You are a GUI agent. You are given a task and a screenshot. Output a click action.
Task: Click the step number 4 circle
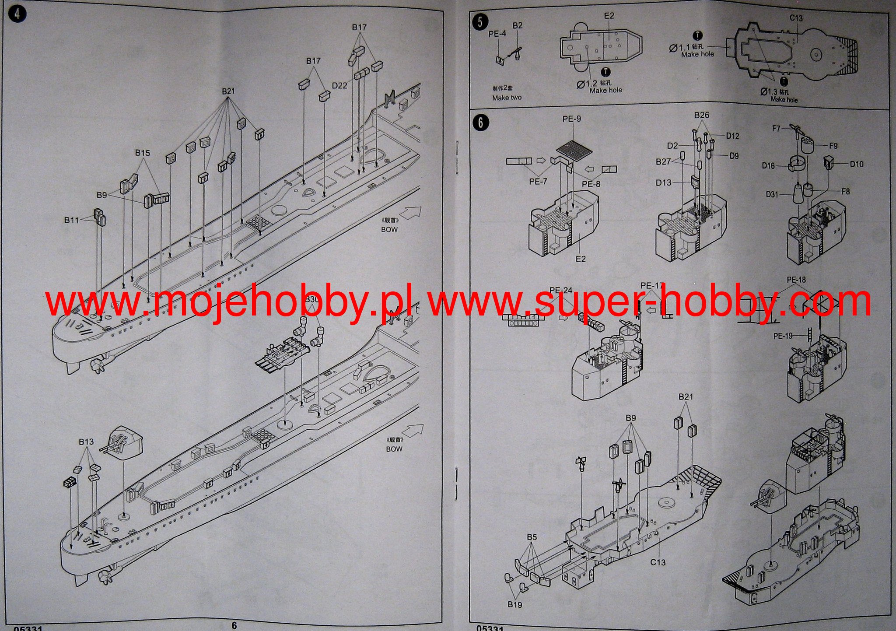point(17,14)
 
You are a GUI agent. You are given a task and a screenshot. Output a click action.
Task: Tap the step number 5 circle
point(480,22)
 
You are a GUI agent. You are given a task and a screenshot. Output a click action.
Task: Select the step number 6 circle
point(480,123)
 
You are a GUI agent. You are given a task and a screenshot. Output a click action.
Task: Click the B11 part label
point(72,220)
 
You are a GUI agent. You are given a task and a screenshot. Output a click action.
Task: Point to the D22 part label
point(339,85)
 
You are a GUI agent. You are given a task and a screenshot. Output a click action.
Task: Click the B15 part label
point(142,153)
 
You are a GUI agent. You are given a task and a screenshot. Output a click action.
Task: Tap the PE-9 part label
point(572,119)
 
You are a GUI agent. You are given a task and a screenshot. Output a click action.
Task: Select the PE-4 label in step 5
point(497,34)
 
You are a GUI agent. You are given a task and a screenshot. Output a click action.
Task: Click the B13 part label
point(86,442)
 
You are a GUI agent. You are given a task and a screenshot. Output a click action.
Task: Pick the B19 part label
point(515,604)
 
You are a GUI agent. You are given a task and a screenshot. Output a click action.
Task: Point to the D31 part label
point(772,194)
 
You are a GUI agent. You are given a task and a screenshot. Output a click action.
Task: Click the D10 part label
point(857,164)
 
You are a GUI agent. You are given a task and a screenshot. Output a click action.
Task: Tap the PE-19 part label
point(783,336)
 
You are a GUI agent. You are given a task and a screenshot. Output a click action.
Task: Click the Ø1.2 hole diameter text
point(587,84)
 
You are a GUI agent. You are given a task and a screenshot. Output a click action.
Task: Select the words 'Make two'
point(507,98)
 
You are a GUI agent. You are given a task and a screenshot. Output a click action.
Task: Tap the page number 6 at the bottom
point(234,626)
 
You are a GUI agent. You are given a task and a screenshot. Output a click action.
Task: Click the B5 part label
point(532,537)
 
